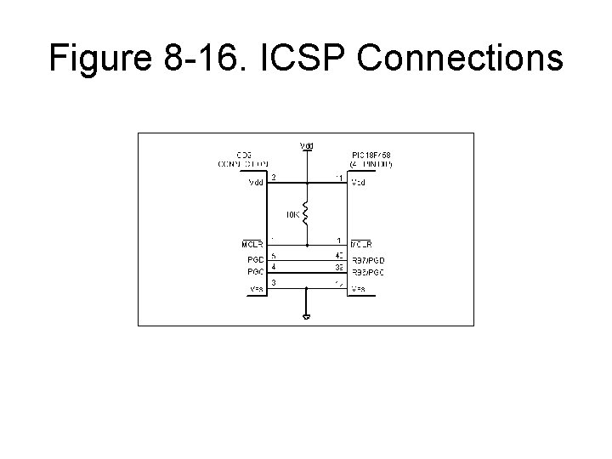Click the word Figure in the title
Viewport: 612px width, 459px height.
click(x=99, y=57)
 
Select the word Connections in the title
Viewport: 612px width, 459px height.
click(x=464, y=57)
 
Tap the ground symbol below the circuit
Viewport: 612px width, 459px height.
click(x=306, y=317)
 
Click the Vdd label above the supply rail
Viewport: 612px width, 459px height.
click(x=306, y=145)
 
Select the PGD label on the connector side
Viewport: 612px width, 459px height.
click(x=254, y=259)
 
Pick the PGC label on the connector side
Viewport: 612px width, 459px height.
click(x=254, y=272)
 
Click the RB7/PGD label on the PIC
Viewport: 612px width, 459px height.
click(x=369, y=259)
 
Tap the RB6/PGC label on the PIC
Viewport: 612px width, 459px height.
click(x=369, y=272)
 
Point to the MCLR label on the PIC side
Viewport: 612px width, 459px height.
click(x=363, y=246)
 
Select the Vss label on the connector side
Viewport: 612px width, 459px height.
click(x=255, y=289)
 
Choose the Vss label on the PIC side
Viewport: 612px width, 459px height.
click(x=359, y=289)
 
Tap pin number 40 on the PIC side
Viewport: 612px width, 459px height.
click(x=338, y=255)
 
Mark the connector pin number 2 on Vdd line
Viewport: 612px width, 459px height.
click(x=273, y=178)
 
